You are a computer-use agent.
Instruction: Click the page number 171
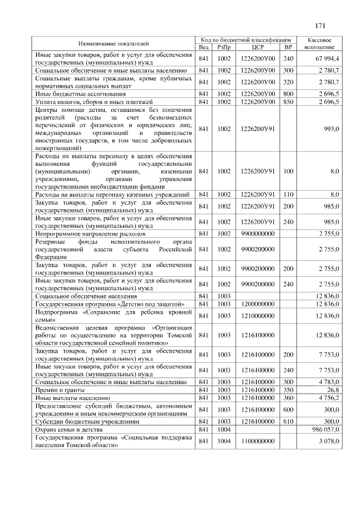tap(321, 25)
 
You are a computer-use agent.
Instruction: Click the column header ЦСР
tap(258, 47)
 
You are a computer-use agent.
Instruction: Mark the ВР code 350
tap(289, 389)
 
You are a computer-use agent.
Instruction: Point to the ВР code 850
tap(289, 102)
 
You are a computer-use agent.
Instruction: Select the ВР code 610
tap(289, 421)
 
